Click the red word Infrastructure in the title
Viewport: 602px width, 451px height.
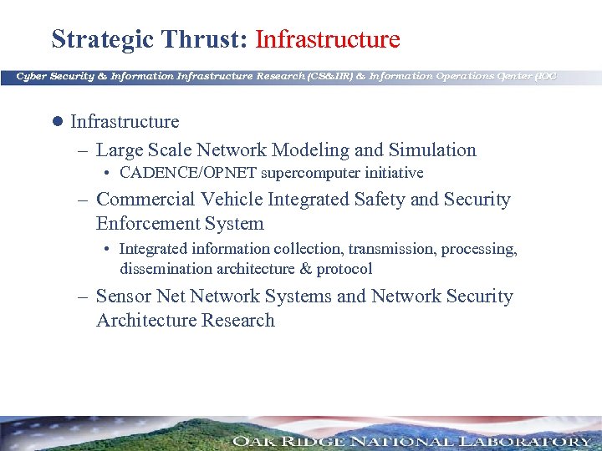click(327, 39)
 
